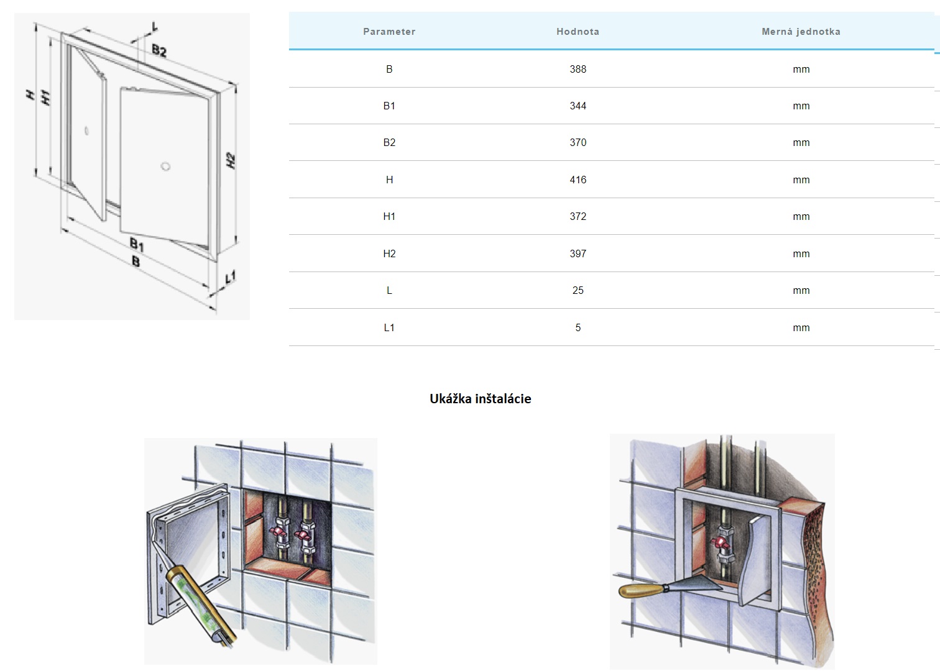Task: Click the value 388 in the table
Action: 578,69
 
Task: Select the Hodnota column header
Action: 578,32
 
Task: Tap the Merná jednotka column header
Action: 801,32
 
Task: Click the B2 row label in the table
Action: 389,143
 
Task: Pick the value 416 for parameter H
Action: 578,180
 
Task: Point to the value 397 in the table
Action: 578,253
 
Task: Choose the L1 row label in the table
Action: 389,327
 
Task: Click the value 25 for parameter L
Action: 578,290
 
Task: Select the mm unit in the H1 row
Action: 801,217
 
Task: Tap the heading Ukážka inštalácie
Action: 481,398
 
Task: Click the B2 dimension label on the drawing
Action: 159,51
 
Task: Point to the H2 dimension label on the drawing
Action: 231,160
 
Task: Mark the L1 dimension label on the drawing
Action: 231,277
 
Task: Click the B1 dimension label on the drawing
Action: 137,244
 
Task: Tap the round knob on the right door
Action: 165,167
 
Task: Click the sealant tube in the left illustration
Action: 201,604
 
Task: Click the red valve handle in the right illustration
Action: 720,543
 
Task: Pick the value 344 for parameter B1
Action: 578,106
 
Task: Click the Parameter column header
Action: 389,32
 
